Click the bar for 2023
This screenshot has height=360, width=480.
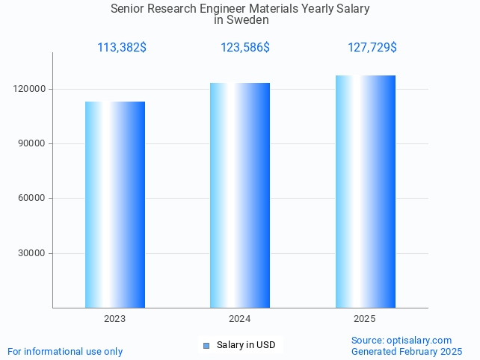(115, 205)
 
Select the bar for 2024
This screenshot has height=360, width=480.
(240, 195)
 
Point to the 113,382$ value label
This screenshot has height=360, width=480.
(122, 48)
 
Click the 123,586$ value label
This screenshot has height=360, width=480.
(245, 48)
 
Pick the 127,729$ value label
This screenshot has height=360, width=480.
(372, 48)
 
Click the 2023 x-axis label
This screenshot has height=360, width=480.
(115, 319)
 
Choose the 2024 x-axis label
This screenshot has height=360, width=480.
(240, 319)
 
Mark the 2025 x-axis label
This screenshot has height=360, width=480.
(365, 319)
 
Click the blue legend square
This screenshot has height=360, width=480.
(206, 345)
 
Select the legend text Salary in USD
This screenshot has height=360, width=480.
(246, 345)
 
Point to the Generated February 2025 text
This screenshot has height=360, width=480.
(406, 351)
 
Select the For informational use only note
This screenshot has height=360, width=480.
(65, 351)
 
